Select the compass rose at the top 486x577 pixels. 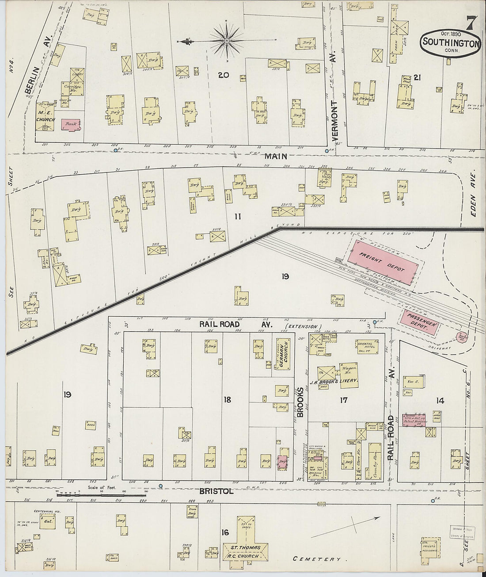(x=226, y=42)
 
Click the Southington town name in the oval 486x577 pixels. (x=450, y=43)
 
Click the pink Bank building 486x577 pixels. (x=71, y=125)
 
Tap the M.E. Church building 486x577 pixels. (x=46, y=118)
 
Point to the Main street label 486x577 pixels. (x=277, y=156)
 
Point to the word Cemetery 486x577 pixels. (x=320, y=559)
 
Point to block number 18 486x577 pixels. (x=227, y=400)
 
